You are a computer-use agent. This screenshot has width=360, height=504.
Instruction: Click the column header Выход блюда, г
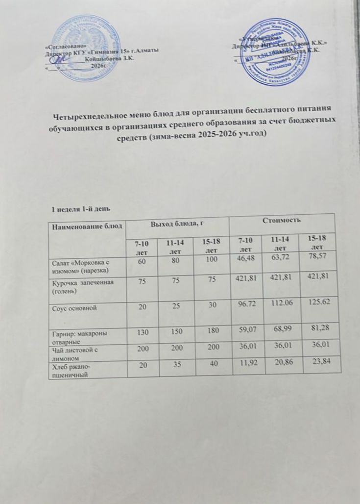[177, 224]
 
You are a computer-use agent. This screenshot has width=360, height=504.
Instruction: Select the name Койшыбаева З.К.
[108, 58]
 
